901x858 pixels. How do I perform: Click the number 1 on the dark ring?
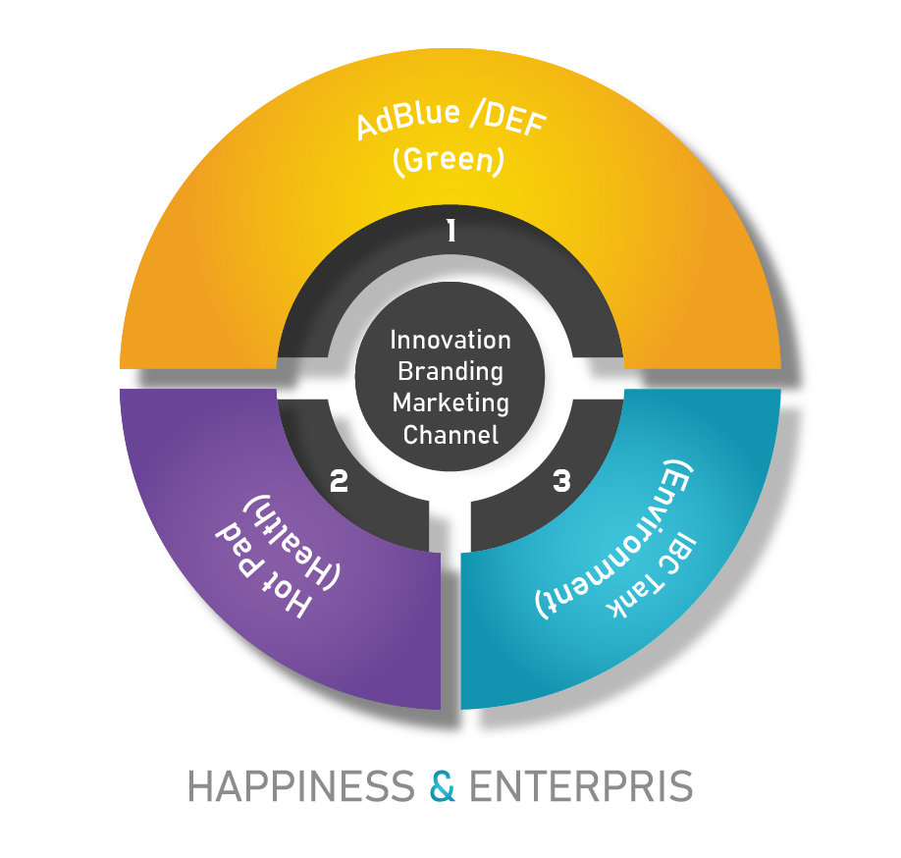pyautogui.click(x=450, y=231)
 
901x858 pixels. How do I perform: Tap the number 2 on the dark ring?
pyautogui.click(x=339, y=481)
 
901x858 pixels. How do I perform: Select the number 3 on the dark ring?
pyautogui.click(x=561, y=481)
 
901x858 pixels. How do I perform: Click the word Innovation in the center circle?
pyautogui.click(x=450, y=340)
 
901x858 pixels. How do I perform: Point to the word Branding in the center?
pyautogui.click(x=450, y=371)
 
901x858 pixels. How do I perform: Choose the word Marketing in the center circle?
pyautogui.click(x=450, y=402)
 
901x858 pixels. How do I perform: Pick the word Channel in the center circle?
pyautogui.click(x=450, y=434)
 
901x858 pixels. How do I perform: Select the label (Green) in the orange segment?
pyautogui.click(x=448, y=162)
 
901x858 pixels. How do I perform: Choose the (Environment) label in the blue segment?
pyautogui.click(x=618, y=539)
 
